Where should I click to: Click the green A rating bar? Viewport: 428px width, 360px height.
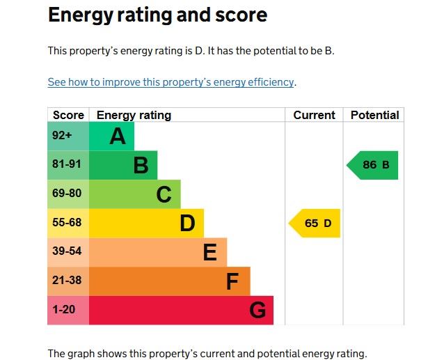[111, 136]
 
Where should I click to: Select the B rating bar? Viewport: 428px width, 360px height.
[123, 166]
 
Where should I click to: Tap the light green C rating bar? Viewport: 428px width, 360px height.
[134, 194]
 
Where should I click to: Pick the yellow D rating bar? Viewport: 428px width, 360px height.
[146, 224]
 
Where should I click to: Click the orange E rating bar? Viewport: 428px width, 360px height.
[158, 252]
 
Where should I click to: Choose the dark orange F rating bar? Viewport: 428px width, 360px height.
[169, 281]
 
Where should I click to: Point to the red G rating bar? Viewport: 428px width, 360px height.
[181, 310]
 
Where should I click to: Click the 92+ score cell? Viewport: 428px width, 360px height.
[68, 136]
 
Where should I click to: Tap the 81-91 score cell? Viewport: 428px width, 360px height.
[68, 166]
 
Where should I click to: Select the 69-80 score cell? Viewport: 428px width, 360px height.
[68, 194]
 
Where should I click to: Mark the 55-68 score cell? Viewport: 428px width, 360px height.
[68, 224]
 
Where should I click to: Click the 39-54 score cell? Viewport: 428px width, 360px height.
[68, 252]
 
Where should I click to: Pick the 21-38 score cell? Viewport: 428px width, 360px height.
[68, 281]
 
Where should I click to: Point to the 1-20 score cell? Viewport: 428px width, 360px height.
[68, 310]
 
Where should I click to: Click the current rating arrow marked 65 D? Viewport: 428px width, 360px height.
[316, 224]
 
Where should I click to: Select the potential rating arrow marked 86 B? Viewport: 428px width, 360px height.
[374, 166]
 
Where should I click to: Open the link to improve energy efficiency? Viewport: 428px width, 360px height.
[171, 82]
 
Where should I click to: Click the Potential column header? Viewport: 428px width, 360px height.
[374, 116]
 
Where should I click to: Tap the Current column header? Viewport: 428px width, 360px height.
[314, 116]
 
